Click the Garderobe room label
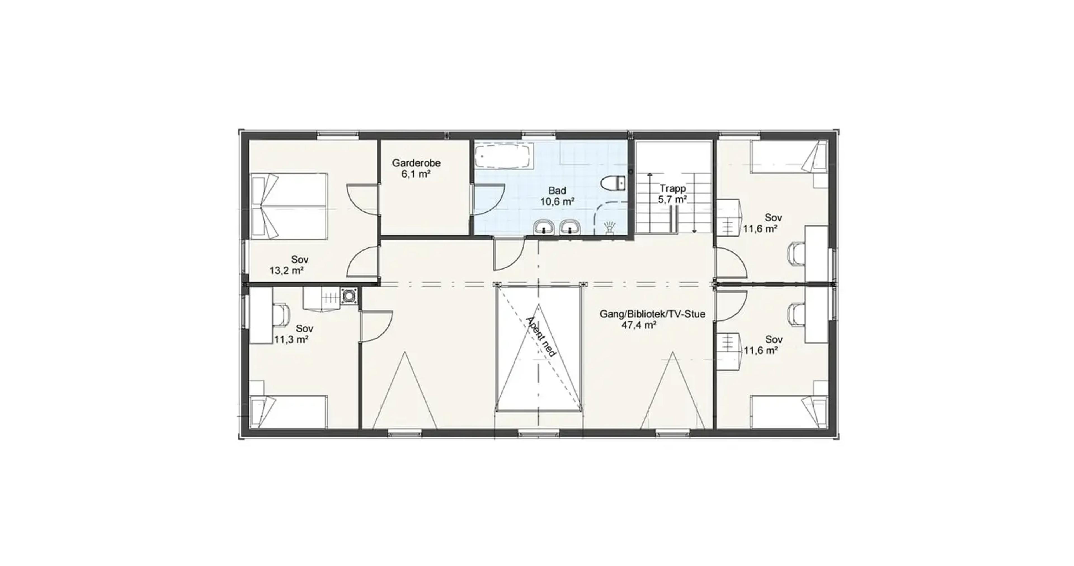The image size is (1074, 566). [416, 163]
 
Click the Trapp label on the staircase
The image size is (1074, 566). [672, 188]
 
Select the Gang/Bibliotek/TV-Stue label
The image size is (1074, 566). [653, 314]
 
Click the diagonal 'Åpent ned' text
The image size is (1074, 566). [541, 336]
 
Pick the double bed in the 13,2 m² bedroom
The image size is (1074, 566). [289, 206]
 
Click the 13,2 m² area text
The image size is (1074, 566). [286, 270]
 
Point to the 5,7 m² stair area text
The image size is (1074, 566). [672, 200]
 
